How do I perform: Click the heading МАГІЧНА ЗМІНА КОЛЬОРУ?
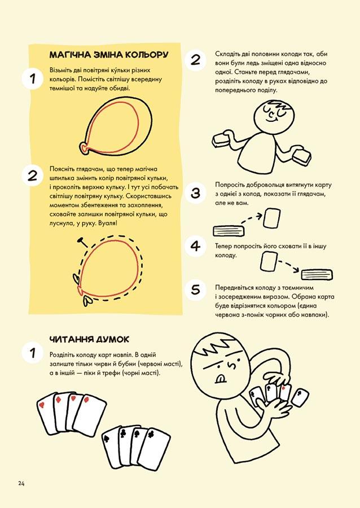coord(109,54)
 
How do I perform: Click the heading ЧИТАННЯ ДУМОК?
coord(89,339)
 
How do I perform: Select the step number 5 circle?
coord(196,290)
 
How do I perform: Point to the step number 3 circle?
coord(196,193)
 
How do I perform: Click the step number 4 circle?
coord(196,246)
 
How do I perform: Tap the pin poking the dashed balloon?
coord(83,242)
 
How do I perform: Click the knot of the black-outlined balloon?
coord(85,148)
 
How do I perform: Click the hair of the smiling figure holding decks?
coord(278,106)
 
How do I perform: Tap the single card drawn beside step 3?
coord(272,218)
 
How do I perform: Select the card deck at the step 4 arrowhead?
coord(317,275)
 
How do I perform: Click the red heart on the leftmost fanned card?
coord(41,405)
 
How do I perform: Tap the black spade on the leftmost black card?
coord(106,439)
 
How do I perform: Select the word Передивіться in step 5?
coord(234,288)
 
